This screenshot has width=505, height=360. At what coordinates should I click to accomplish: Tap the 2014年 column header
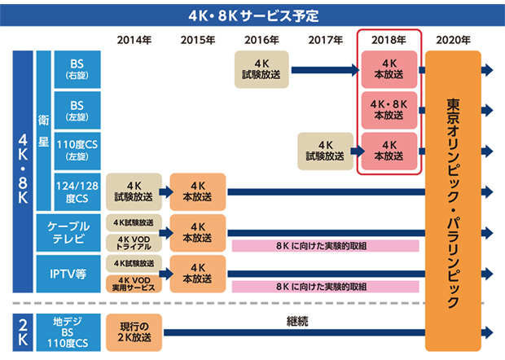pyautogui.click(x=134, y=39)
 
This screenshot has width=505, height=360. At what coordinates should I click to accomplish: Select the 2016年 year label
pyautogui.click(x=261, y=39)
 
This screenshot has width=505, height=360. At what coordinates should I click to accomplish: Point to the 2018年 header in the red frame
pyautogui.click(x=389, y=39)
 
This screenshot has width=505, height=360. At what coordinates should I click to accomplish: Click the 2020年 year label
pyautogui.click(x=453, y=39)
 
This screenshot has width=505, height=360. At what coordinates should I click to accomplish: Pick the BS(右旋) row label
pyautogui.click(x=78, y=70)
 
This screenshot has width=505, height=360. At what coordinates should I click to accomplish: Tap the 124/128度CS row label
pyautogui.click(x=78, y=192)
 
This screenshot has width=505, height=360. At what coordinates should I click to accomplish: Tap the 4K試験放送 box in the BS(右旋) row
pyautogui.click(x=261, y=70)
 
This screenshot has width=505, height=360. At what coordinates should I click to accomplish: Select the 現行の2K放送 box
pyautogui.click(x=134, y=331)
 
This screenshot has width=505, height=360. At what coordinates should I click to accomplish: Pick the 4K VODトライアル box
pyautogui.click(x=134, y=243)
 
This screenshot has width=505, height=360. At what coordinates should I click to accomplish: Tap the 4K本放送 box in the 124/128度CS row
pyautogui.click(x=197, y=192)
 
